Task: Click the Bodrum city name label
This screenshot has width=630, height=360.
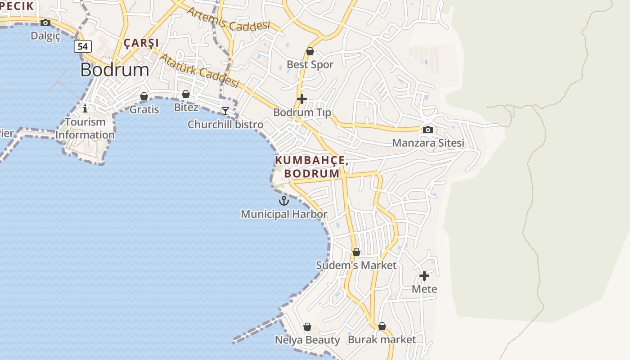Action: coord(115,70)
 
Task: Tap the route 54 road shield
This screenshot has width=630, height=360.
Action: coord(83,46)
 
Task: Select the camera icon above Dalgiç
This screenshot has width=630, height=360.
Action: coord(45,22)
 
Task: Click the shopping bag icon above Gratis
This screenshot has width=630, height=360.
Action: coord(144,96)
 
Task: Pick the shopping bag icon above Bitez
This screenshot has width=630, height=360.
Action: coord(185,94)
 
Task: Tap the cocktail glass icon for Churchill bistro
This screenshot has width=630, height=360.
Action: coord(225,111)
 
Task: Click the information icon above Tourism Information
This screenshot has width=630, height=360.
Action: coord(85,108)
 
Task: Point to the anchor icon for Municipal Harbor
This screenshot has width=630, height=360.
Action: coord(283,201)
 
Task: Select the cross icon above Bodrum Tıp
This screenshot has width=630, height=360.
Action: coord(302,99)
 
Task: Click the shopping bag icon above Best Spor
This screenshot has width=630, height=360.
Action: coord(310,51)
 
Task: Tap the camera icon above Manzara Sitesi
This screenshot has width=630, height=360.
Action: coord(428,130)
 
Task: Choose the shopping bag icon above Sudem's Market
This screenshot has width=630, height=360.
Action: coord(356,252)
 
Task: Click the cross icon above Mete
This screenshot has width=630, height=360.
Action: coord(424,275)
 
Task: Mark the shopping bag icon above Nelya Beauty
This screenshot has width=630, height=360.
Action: coord(307,327)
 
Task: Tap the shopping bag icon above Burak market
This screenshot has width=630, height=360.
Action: coord(382,326)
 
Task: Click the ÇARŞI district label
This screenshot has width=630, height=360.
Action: coord(141,43)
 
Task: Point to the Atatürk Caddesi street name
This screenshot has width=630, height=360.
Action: coord(199,70)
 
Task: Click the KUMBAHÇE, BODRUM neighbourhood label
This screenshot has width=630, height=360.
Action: coord(310,167)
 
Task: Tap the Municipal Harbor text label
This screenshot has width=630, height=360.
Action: coord(284,214)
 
